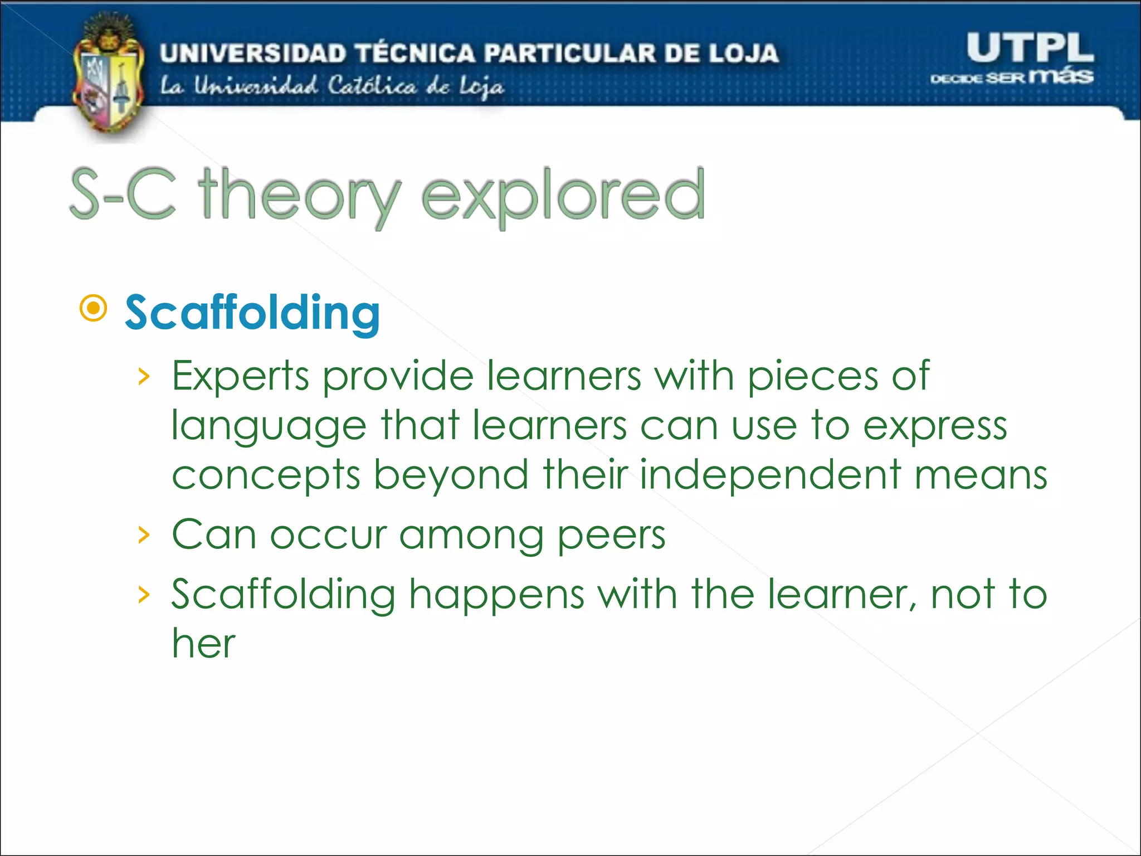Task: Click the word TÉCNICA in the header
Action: coord(416,53)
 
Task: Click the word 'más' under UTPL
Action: coord(1061,75)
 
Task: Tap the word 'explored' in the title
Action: coord(563,195)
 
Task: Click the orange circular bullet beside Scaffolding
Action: coord(93,308)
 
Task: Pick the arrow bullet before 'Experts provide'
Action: coord(144,377)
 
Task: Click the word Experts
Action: coord(240,376)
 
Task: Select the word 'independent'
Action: coord(770,475)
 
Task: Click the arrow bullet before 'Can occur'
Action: coord(144,535)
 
